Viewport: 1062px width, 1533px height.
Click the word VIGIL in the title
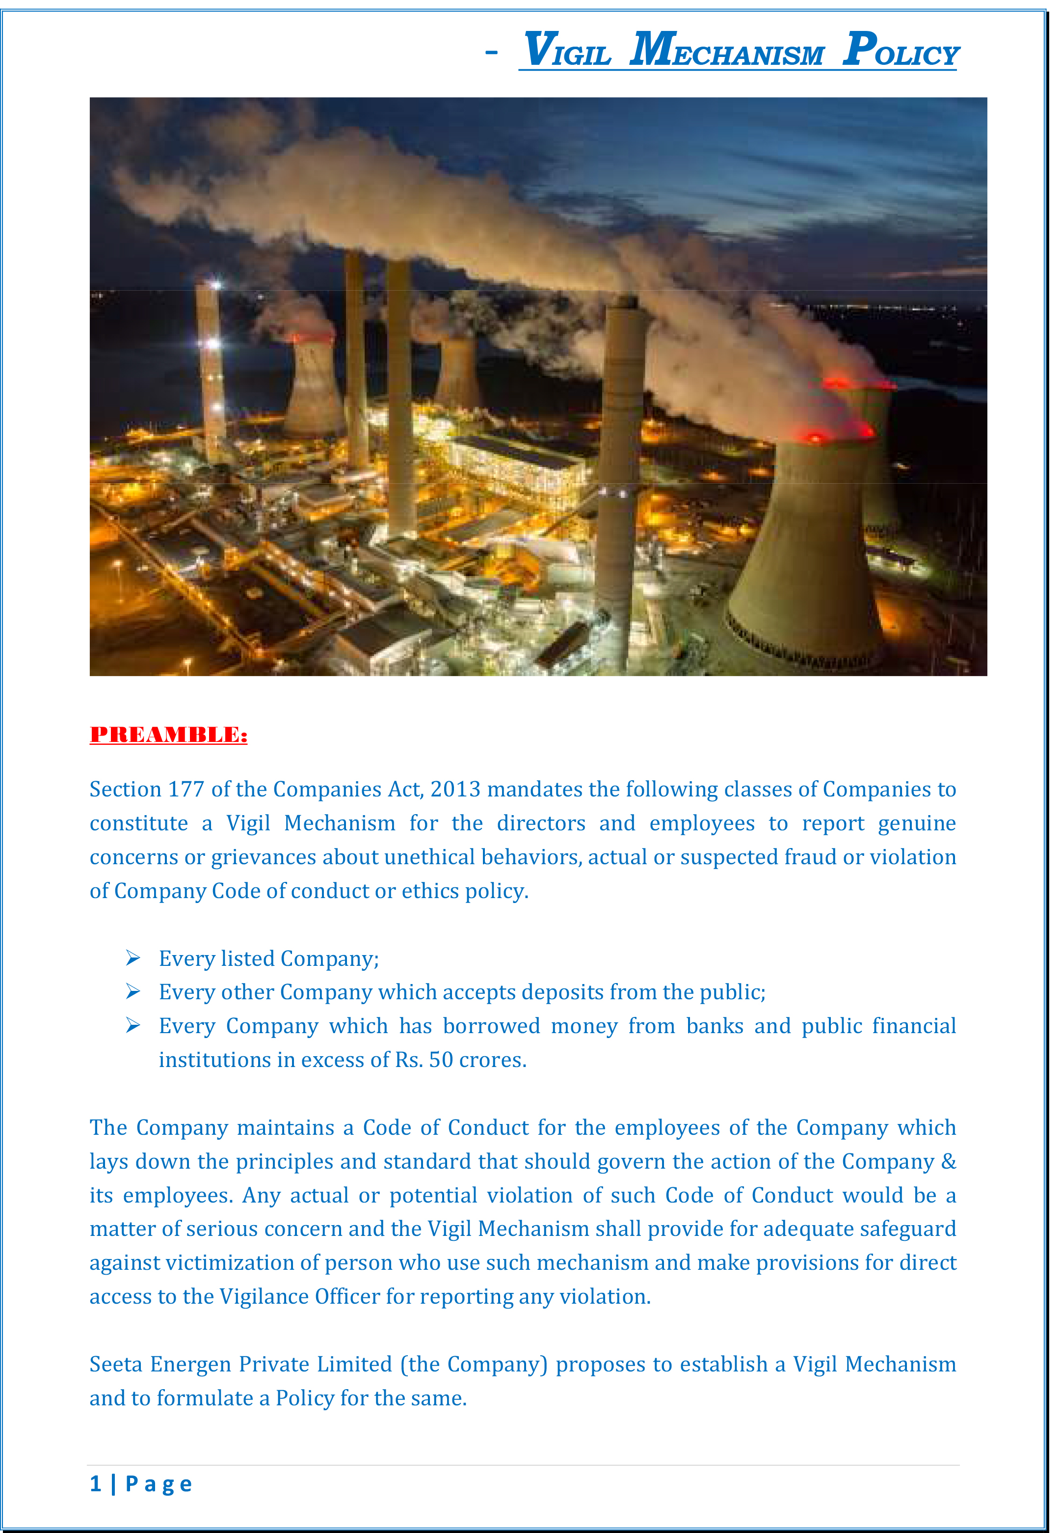[x=567, y=51]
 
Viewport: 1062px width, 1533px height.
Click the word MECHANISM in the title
[x=727, y=51]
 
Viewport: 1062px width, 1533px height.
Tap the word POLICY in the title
[x=901, y=51]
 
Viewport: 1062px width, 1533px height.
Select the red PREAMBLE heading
[x=168, y=735]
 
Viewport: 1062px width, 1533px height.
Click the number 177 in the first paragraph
[x=186, y=790]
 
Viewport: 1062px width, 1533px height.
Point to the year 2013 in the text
[x=455, y=790]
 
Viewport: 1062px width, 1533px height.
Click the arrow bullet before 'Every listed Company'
[x=133, y=958]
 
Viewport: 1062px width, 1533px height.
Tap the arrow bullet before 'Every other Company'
[x=133, y=992]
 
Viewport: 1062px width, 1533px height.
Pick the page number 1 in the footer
[x=96, y=1484]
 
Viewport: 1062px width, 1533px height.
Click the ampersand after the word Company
[x=948, y=1162]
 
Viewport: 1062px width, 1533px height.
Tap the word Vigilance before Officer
[x=264, y=1297]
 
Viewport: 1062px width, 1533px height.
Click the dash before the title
[x=491, y=52]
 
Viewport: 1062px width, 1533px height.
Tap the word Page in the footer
[x=159, y=1484]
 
